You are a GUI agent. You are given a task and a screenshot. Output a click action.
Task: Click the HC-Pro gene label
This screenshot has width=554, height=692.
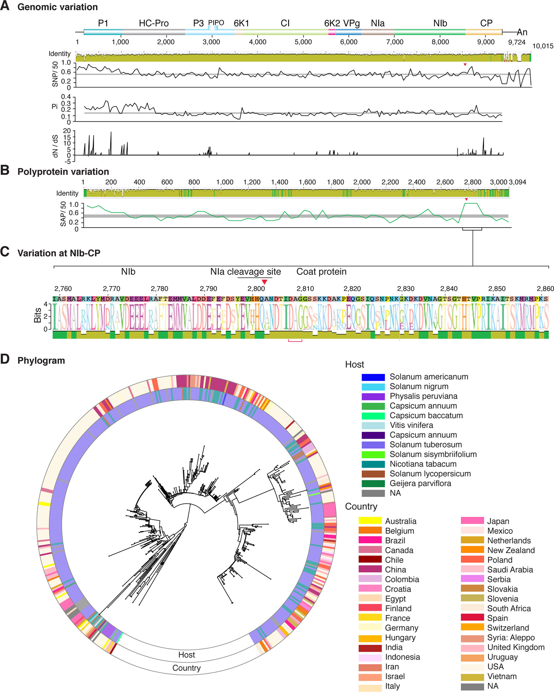click(154, 23)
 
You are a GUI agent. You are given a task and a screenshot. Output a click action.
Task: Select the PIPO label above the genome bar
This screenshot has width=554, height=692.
click(216, 23)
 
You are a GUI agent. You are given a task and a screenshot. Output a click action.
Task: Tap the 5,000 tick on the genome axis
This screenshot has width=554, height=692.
click(303, 42)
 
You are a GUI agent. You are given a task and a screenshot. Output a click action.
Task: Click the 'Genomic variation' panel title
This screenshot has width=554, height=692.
click(58, 7)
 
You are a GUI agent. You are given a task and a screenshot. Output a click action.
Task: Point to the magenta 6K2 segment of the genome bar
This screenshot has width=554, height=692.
click(332, 32)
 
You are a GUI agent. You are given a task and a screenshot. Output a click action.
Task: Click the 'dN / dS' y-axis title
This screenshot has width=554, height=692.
click(55, 146)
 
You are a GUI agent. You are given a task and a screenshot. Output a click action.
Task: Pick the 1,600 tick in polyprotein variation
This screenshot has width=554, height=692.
click(307, 182)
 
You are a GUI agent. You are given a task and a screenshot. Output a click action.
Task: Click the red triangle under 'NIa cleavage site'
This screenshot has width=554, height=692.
click(264, 282)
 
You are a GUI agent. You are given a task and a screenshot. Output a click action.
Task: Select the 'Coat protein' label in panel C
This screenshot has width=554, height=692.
click(321, 272)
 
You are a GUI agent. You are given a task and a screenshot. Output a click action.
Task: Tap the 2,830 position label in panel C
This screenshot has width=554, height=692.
click(406, 289)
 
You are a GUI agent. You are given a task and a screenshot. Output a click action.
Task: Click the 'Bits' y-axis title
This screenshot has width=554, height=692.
click(38, 315)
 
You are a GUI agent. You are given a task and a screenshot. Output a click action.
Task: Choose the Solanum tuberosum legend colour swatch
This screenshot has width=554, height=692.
click(373, 445)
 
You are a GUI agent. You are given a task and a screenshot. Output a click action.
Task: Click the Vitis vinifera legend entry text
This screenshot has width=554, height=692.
click(411, 425)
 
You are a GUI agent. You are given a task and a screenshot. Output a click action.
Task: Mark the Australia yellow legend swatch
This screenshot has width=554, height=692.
click(370, 521)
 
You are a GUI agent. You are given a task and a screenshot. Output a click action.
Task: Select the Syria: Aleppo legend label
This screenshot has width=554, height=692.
click(511, 637)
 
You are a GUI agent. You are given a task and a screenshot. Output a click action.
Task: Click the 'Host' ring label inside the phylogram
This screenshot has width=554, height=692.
click(187, 655)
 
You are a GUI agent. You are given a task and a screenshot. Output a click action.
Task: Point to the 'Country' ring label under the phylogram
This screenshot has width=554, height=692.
click(187, 668)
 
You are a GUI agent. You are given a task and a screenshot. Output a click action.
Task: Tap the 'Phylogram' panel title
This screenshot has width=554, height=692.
click(41, 361)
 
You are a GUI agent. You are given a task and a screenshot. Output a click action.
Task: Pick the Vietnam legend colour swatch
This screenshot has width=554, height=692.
click(472, 676)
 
